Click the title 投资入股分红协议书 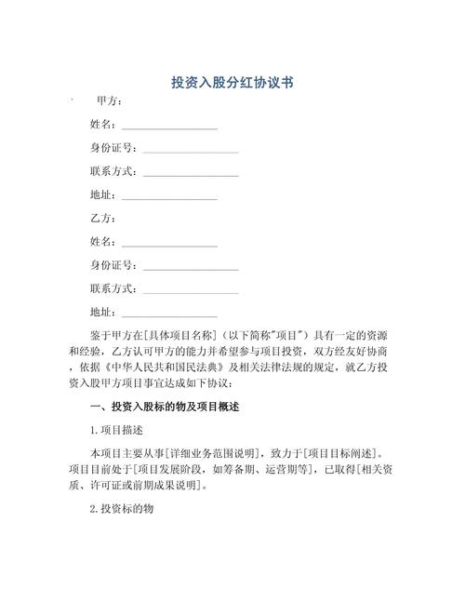coord(232,83)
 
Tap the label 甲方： coord(109,100)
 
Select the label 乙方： coord(102,218)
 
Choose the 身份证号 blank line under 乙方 coord(190,267)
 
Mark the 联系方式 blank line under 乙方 coord(190,290)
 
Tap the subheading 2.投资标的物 coord(122,510)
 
